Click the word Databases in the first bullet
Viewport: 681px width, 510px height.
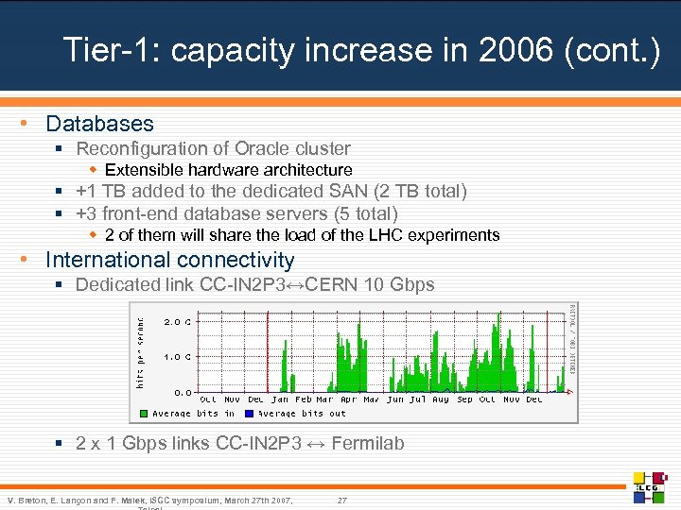tap(99, 124)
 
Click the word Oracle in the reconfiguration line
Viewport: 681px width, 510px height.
tap(263, 148)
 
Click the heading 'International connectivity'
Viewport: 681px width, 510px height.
tap(170, 260)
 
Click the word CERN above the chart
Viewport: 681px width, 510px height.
tap(340, 284)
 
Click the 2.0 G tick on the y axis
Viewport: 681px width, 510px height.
tap(177, 321)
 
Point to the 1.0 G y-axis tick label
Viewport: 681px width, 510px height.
tap(177, 357)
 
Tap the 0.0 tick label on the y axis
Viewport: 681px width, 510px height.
tap(182, 391)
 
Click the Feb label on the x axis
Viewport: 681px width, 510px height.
tap(303, 399)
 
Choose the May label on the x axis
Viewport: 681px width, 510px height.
tap(372, 399)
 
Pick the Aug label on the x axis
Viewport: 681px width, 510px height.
tap(441, 399)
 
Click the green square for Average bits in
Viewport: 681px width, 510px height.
tap(144, 414)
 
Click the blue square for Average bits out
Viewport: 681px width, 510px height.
tap(250, 414)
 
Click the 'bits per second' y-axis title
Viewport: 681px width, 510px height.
tap(140, 345)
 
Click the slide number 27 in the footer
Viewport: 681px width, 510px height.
tap(341, 500)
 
